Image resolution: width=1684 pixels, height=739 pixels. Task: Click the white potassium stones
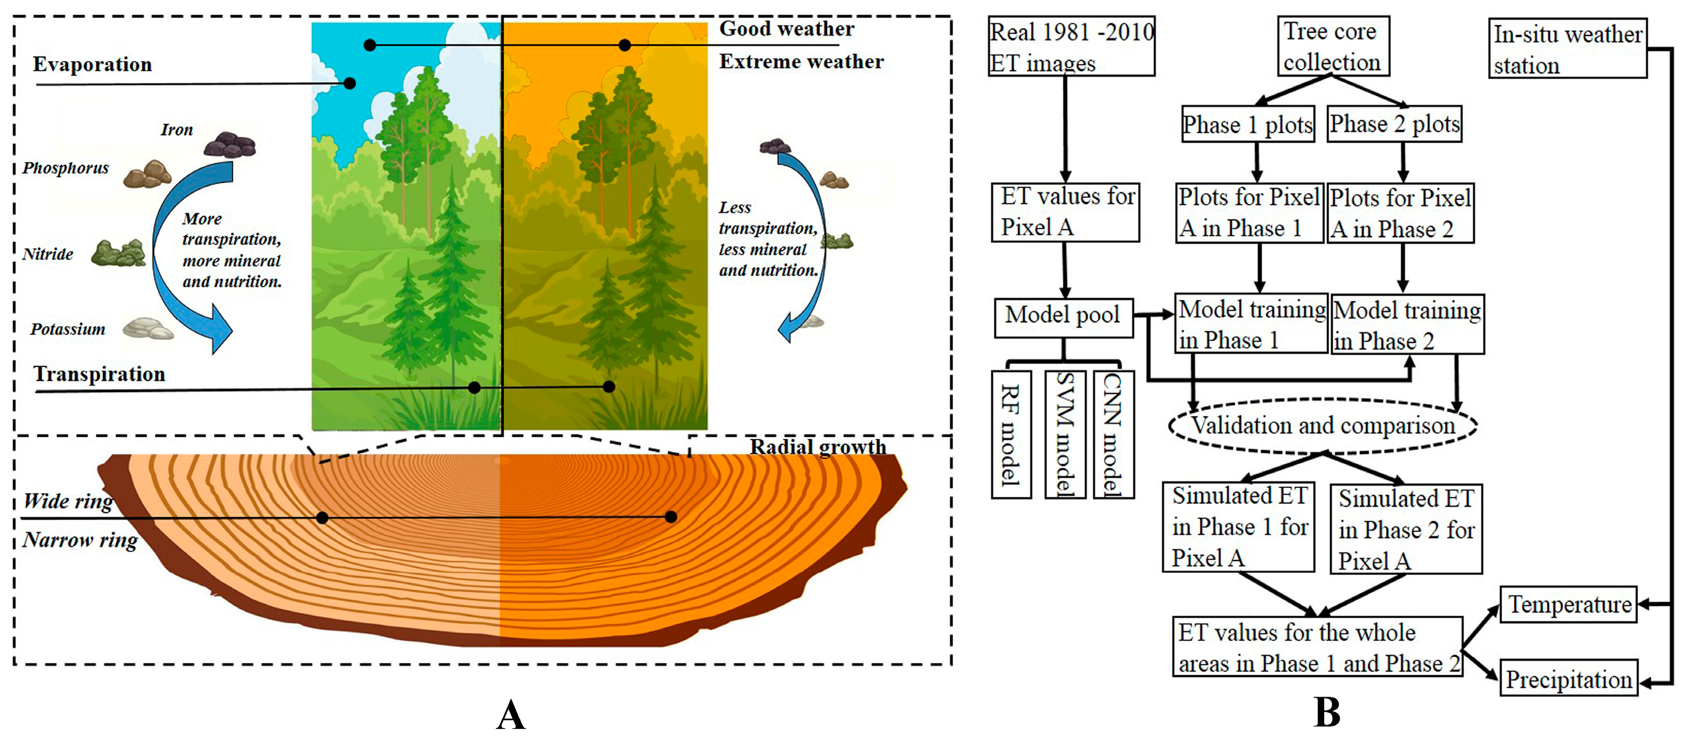click(x=148, y=328)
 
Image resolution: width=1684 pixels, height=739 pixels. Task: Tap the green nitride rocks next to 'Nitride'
click(x=118, y=253)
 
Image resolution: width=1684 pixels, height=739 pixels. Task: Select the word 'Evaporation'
click(x=92, y=64)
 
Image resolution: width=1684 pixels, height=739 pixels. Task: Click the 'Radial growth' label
click(x=818, y=447)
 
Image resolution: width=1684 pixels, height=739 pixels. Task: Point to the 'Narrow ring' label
click(x=80, y=540)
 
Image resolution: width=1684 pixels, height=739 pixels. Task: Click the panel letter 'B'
click(x=1327, y=712)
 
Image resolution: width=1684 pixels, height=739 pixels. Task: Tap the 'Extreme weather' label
click(x=801, y=61)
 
